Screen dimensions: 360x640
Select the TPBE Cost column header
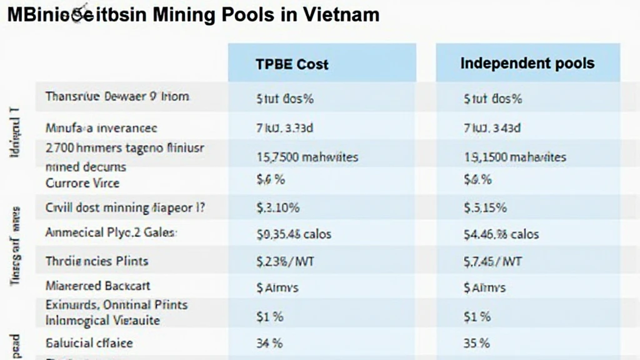point(292,64)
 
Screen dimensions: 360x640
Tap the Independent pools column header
point(527,63)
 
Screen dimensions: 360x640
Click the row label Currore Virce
point(82,183)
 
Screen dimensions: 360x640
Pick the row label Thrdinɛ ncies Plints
point(97,261)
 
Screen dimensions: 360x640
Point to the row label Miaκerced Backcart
point(98,286)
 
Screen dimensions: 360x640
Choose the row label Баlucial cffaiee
point(89,343)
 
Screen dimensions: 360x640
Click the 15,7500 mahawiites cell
point(307,157)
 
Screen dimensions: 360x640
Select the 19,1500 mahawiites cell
point(515,157)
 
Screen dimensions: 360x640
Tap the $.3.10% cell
point(278,208)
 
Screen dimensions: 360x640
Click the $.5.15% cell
point(485,208)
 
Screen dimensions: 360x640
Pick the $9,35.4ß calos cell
point(294,234)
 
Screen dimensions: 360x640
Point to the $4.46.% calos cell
point(501,234)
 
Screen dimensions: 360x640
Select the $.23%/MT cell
point(286,261)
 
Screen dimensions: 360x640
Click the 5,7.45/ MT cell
point(492,261)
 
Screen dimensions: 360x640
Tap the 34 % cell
point(269,343)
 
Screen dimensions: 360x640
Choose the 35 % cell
point(477,343)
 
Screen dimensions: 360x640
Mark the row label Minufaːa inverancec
point(101,128)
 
